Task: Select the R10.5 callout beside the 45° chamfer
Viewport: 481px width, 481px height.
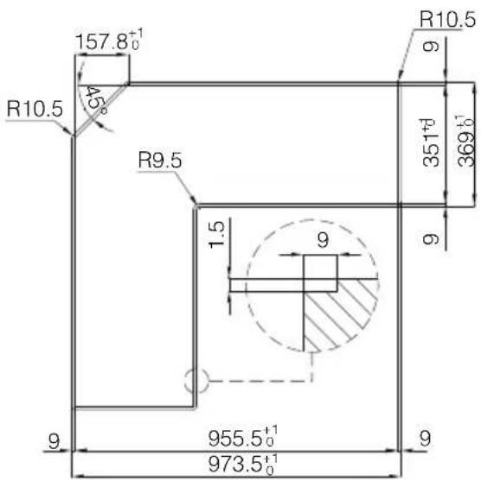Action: [34, 109]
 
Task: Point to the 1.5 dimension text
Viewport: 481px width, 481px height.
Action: [218, 234]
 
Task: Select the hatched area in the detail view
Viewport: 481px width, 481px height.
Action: [342, 315]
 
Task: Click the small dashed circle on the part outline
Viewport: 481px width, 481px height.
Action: [197, 379]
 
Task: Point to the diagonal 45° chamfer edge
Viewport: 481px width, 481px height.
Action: [100, 111]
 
